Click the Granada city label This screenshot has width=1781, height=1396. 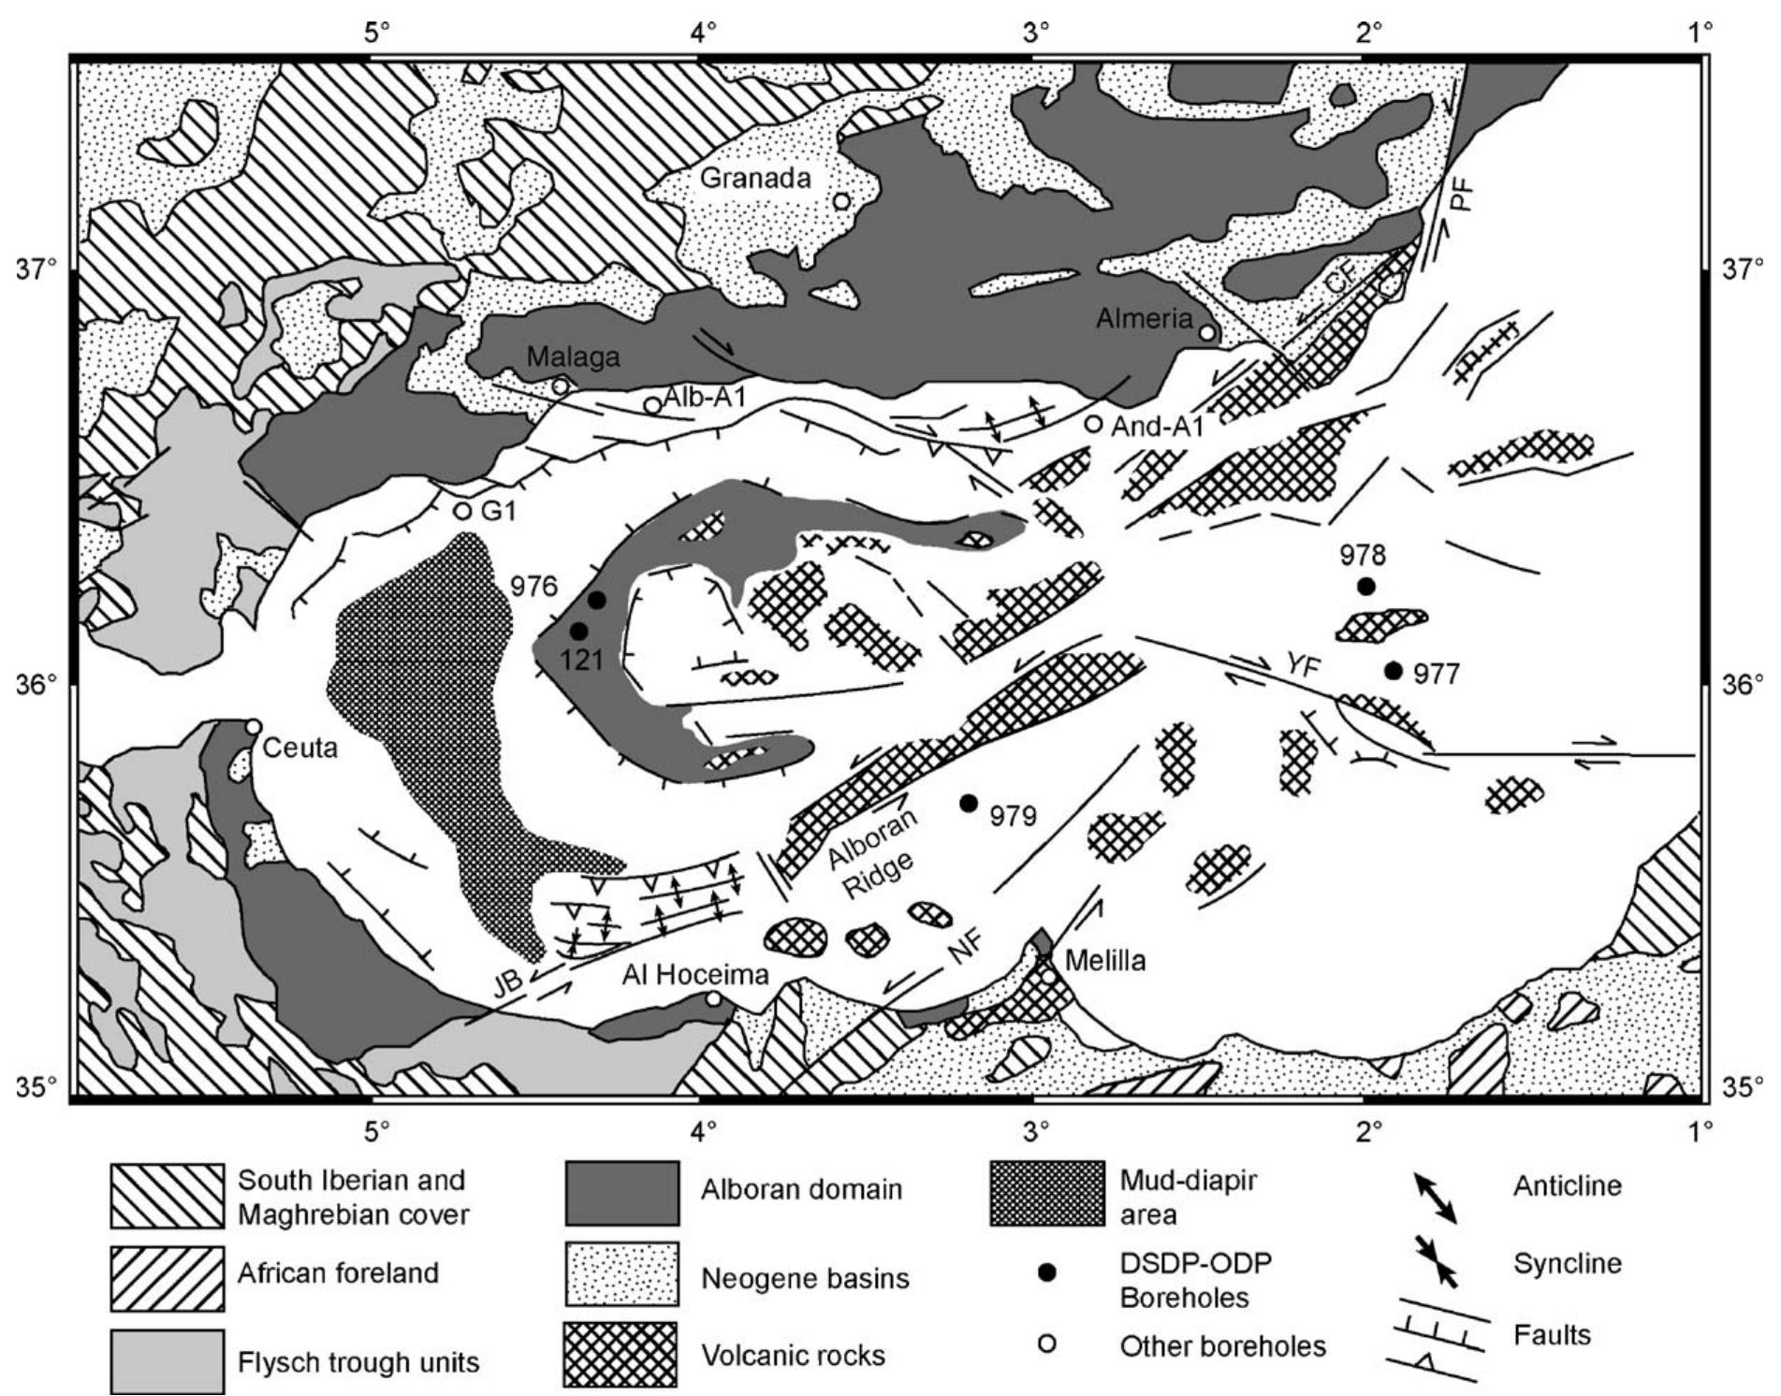(755, 177)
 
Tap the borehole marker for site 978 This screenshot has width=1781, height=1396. (1366, 587)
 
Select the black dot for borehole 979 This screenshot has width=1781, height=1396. (969, 803)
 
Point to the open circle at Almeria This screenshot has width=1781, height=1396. (1207, 332)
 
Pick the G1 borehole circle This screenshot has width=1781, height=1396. (461, 511)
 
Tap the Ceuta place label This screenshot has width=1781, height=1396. (299, 749)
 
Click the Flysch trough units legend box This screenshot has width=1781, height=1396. (168, 1361)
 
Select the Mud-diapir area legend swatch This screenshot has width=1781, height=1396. (1046, 1194)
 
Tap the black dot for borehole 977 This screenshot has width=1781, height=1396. (1394, 670)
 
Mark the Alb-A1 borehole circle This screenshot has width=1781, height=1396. (652, 405)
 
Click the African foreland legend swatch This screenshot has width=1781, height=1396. (168, 1277)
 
